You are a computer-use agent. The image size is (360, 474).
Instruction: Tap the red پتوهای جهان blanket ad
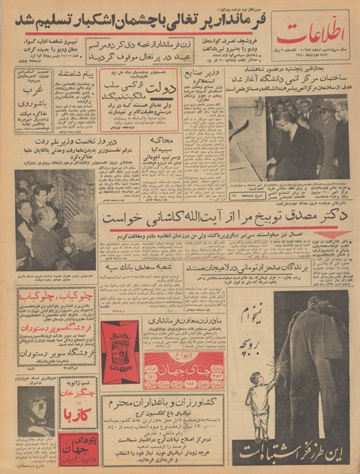[x=76, y=448]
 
